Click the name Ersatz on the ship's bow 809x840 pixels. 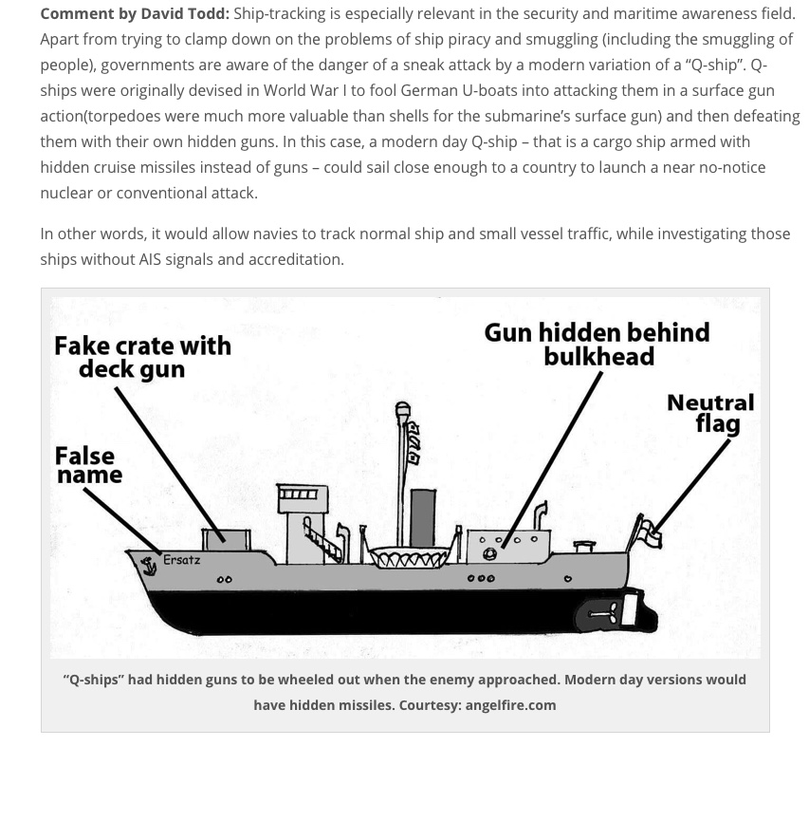tap(181, 560)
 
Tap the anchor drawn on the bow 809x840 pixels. tap(149, 567)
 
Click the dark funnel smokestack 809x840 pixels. tap(422, 518)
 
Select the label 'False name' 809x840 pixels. tap(88, 465)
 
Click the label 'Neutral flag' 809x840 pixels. tap(711, 413)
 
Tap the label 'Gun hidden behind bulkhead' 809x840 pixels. tap(597, 344)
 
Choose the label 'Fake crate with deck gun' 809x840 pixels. tap(141, 357)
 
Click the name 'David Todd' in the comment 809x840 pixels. tap(185, 13)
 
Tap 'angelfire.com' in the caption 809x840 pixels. tap(510, 705)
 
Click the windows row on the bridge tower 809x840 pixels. tap(297, 494)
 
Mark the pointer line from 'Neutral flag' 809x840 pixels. tap(692, 485)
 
